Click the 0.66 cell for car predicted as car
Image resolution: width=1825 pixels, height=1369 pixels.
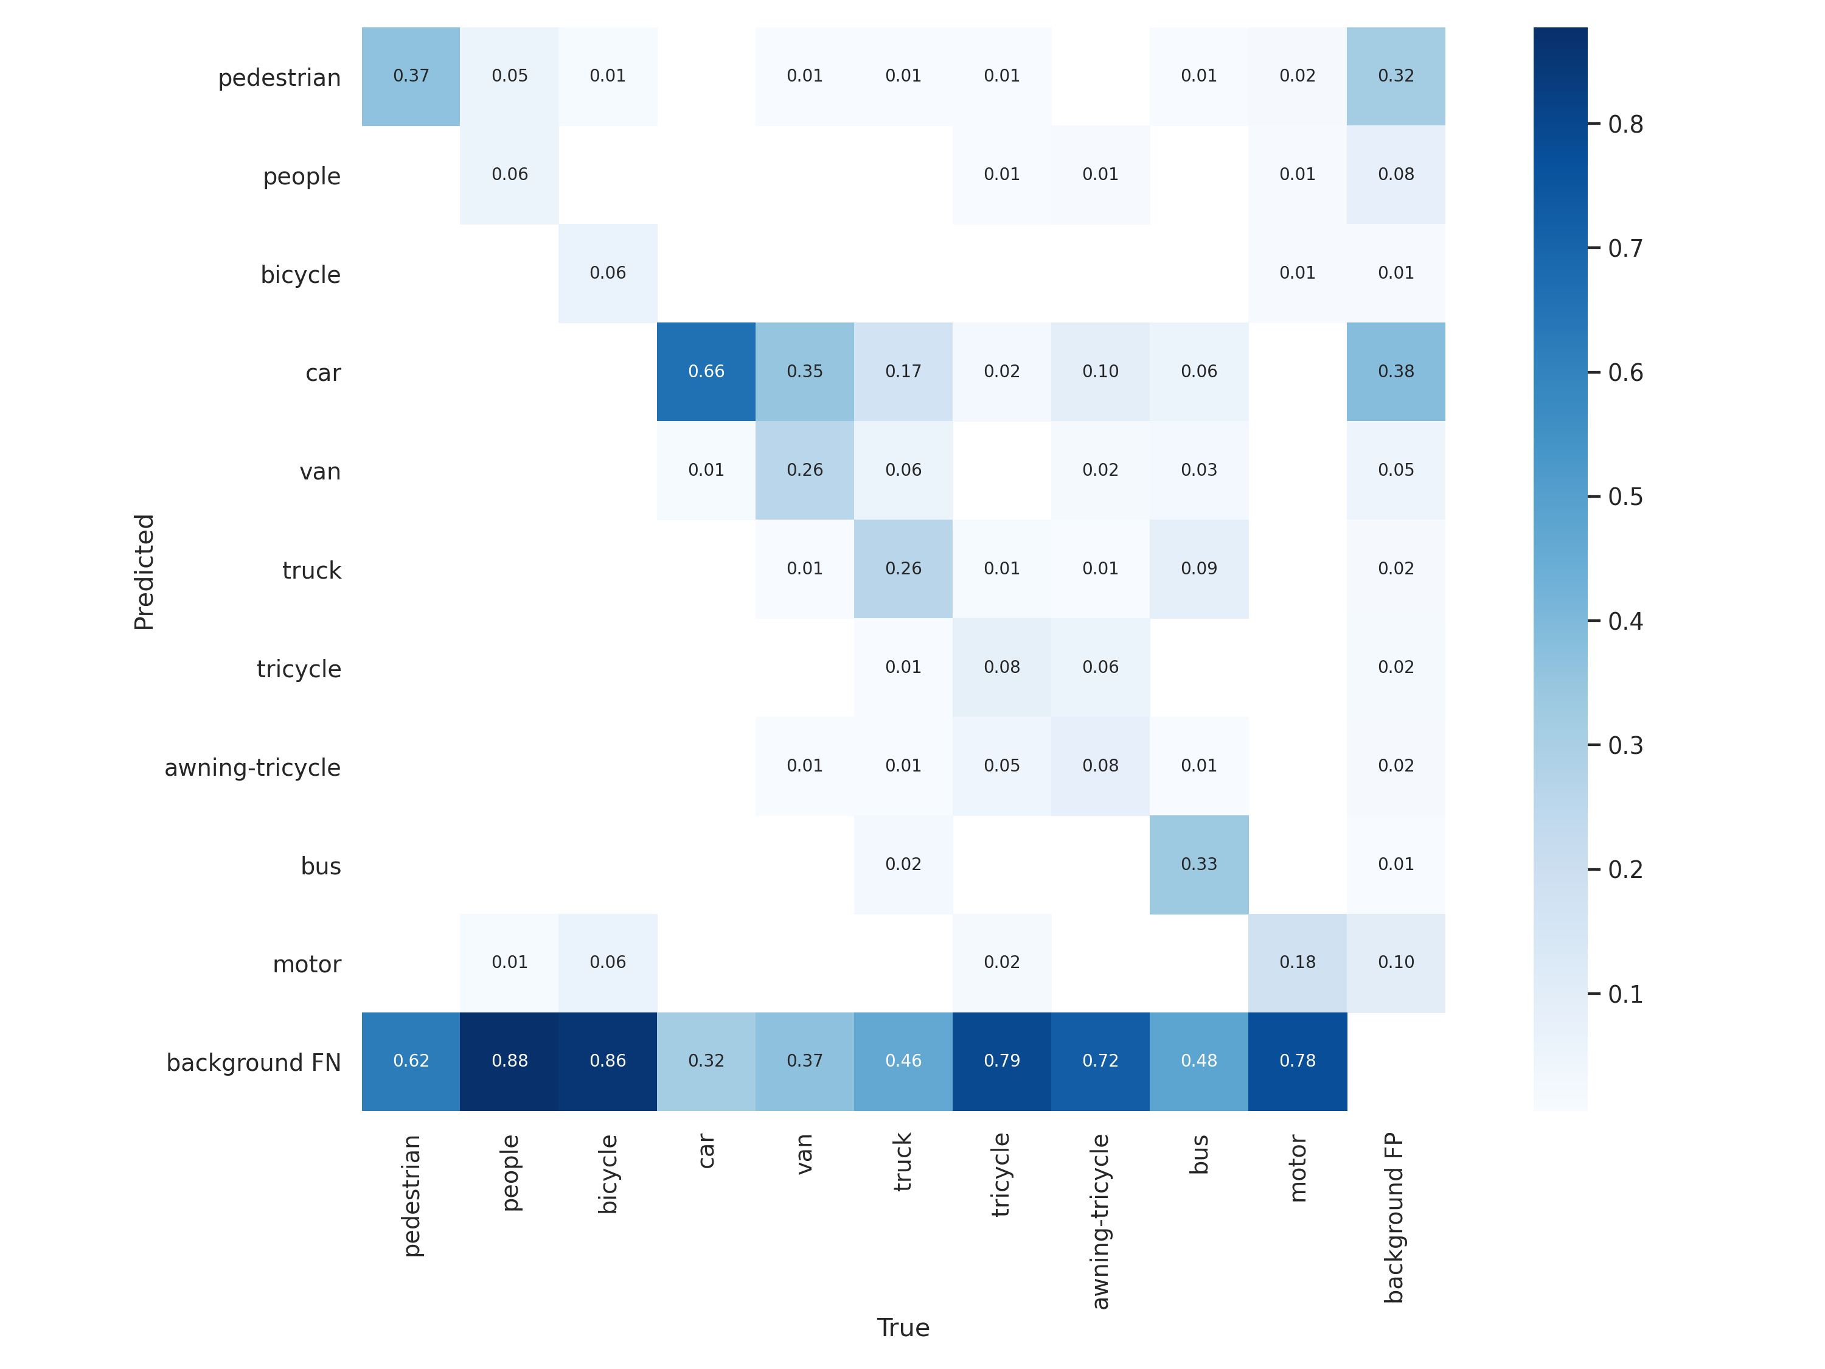point(706,371)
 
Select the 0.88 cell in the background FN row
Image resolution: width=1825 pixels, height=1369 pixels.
point(509,1061)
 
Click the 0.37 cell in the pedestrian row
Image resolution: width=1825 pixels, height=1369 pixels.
point(411,76)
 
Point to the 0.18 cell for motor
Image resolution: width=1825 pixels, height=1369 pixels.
point(1297,962)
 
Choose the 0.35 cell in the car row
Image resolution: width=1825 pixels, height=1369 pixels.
point(804,371)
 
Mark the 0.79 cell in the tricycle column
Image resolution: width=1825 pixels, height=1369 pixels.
point(1001,1061)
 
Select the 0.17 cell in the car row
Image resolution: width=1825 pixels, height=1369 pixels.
point(903,371)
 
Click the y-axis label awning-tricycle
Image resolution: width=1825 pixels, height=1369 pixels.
point(252,767)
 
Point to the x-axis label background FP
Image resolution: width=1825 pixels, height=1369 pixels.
point(1394,1218)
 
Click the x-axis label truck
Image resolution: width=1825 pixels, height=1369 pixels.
point(903,1162)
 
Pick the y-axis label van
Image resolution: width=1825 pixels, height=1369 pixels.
point(320,472)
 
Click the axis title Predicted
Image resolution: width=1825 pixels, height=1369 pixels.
point(144,572)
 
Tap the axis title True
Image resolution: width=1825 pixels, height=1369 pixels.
point(903,1328)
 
